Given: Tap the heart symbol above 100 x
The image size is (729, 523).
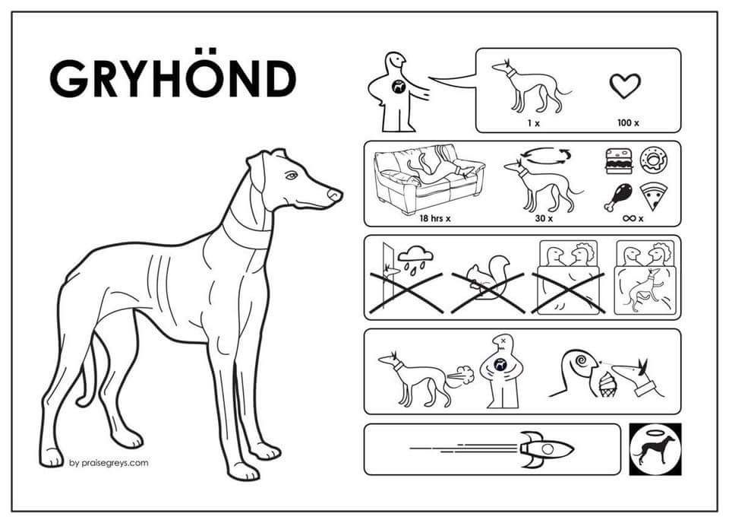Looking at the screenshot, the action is (625, 86).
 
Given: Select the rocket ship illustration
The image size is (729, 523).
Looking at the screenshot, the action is (547, 449).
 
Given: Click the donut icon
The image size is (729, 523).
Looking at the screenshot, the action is (654, 160).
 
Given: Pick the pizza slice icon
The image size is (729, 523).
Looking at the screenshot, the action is (654, 196).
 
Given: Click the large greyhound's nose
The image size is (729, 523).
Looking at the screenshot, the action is (335, 194).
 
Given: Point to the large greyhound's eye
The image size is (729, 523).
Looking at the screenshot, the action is (291, 176).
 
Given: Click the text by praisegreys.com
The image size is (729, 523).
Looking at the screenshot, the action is (109, 463).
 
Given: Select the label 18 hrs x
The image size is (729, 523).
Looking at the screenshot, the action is (434, 217).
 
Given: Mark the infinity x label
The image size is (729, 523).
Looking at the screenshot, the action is (633, 217).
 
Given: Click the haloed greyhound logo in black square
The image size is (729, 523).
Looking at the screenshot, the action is (655, 449).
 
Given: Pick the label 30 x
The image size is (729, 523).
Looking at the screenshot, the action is (544, 217).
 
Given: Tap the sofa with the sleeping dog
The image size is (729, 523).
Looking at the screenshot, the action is (428, 179).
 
